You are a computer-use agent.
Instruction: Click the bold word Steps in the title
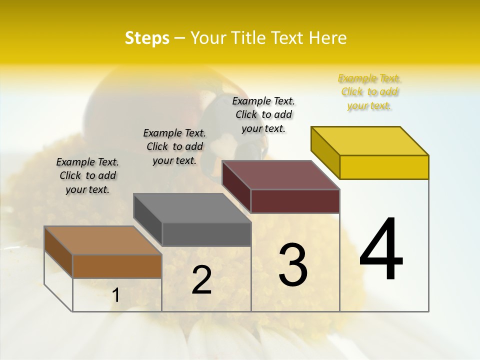[x=147, y=38]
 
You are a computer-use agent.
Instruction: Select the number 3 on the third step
[x=292, y=265]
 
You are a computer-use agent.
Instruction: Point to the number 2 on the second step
[x=201, y=280]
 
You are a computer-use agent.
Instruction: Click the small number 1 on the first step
[x=115, y=295]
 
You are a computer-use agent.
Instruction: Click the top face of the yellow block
[x=370, y=140]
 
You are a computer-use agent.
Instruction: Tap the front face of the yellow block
[x=384, y=167]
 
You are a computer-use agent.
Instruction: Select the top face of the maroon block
[x=281, y=175]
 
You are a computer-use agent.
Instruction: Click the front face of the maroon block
[x=295, y=201]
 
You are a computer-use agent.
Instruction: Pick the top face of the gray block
[x=192, y=208]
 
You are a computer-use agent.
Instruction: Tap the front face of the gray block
[x=206, y=234]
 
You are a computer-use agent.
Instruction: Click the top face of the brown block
[x=103, y=240]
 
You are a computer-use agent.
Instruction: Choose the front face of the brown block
[x=117, y=266]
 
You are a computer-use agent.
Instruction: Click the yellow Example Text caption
[x=369, y=92]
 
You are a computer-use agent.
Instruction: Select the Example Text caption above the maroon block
[x=263, y=114]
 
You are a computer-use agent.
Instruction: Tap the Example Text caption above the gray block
[x=174, y=146]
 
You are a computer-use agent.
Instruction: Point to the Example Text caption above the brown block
[x=87, y=175]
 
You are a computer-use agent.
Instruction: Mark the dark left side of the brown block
[x=58, y=252]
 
